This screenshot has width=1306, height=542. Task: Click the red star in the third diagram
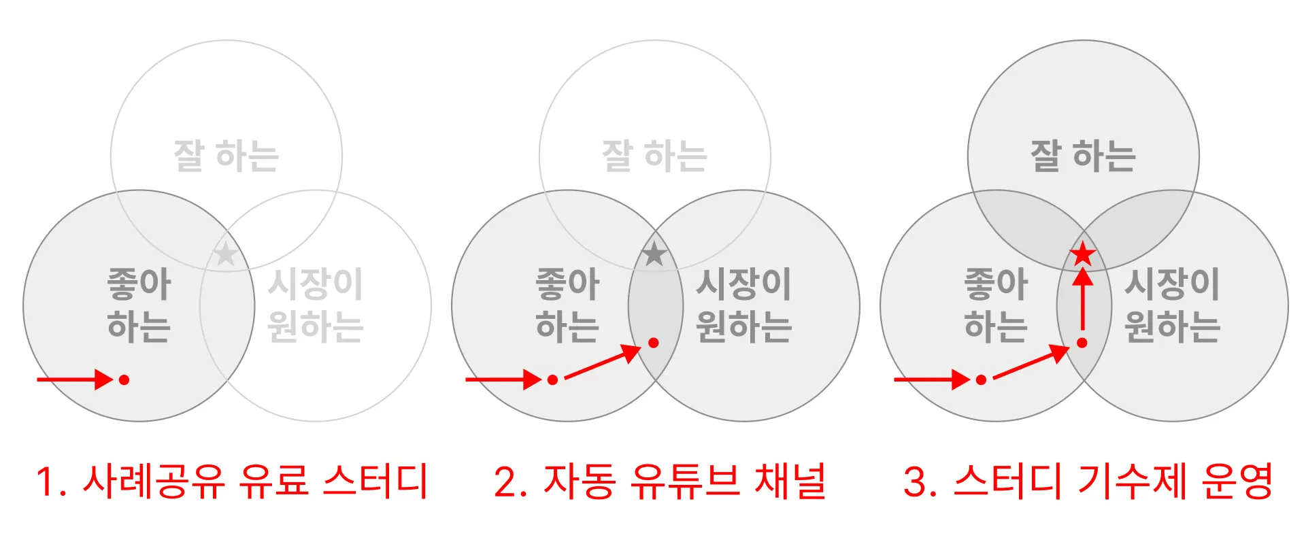tap(1082, 255)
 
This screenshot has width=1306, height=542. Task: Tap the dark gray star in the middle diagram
tap(654, 254)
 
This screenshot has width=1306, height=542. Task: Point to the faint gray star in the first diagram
tap(225, 254)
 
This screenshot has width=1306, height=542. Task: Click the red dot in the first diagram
tap(124, 379)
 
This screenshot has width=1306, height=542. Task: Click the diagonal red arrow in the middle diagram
tap(602, 362)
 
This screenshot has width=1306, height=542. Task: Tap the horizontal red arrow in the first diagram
tap(75, 379)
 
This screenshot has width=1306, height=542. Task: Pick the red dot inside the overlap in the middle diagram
tap(653, 343)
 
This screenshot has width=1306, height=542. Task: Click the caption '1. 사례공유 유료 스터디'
tap(231, 481)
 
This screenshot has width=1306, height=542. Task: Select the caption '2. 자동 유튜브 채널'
tap(660, 481)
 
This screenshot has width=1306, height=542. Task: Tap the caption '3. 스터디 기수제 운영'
tap(1088, 481)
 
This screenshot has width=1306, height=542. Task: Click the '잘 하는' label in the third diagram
tap(1083, 156)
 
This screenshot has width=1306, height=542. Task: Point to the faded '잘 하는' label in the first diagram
tap(226, 156)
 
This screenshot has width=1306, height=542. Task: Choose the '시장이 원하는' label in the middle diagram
tap(743, 305)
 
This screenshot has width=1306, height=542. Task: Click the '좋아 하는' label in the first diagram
tap(139, 305)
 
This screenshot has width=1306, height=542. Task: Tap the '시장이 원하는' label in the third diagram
tap(1172, 305)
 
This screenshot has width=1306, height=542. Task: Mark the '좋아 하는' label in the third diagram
tap(996, 305)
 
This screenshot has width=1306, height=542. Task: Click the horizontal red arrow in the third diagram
tap(932, 379)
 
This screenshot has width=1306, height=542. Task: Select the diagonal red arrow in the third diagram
tap(1031, 362)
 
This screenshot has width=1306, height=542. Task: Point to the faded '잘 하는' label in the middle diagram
tap(654, 156)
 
